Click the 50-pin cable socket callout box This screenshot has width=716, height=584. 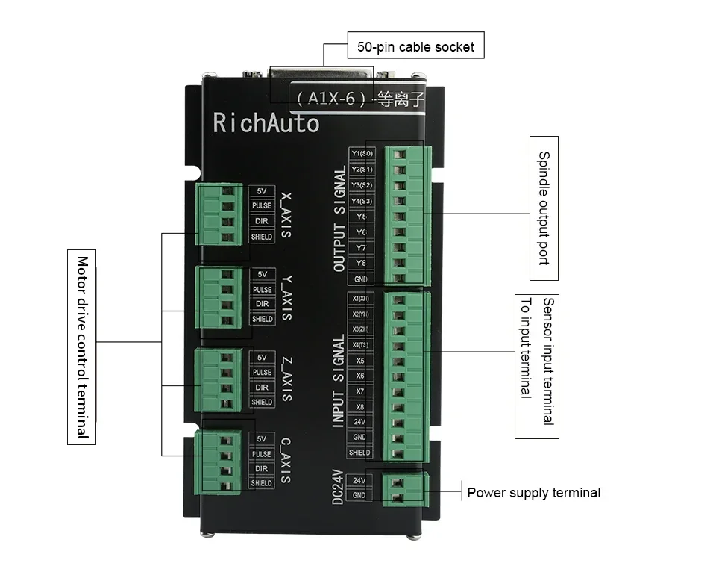[416, 46]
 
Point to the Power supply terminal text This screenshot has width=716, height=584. [533, 493]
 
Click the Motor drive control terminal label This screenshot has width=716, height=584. [82, 347]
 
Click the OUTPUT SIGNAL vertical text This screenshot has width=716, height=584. [340, 219]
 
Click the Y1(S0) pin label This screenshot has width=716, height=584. [362, 154]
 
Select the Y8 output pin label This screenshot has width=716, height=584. [362, 263]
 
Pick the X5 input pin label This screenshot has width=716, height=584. [359, 360]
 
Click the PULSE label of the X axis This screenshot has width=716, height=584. [262, 206]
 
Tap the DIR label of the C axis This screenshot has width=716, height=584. [261, 468]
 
